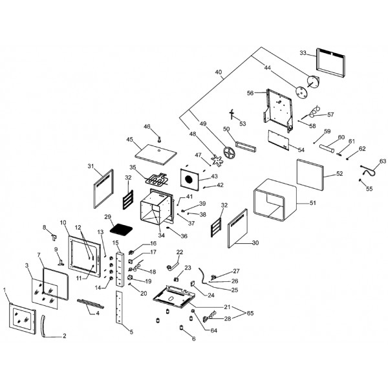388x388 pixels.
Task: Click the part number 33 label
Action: pos(302,52)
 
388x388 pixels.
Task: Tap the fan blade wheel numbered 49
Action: pos(228,154)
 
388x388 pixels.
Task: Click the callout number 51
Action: pos(314,203)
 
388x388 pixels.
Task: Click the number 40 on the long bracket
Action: pos(218,72)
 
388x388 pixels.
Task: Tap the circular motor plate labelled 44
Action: pos(312,82)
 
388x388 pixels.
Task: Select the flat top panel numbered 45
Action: pos(156,152)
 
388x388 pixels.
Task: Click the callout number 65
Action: pos(251,312)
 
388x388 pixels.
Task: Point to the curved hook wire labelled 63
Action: pos(368,171)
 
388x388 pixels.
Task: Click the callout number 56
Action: pos(250,93)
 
